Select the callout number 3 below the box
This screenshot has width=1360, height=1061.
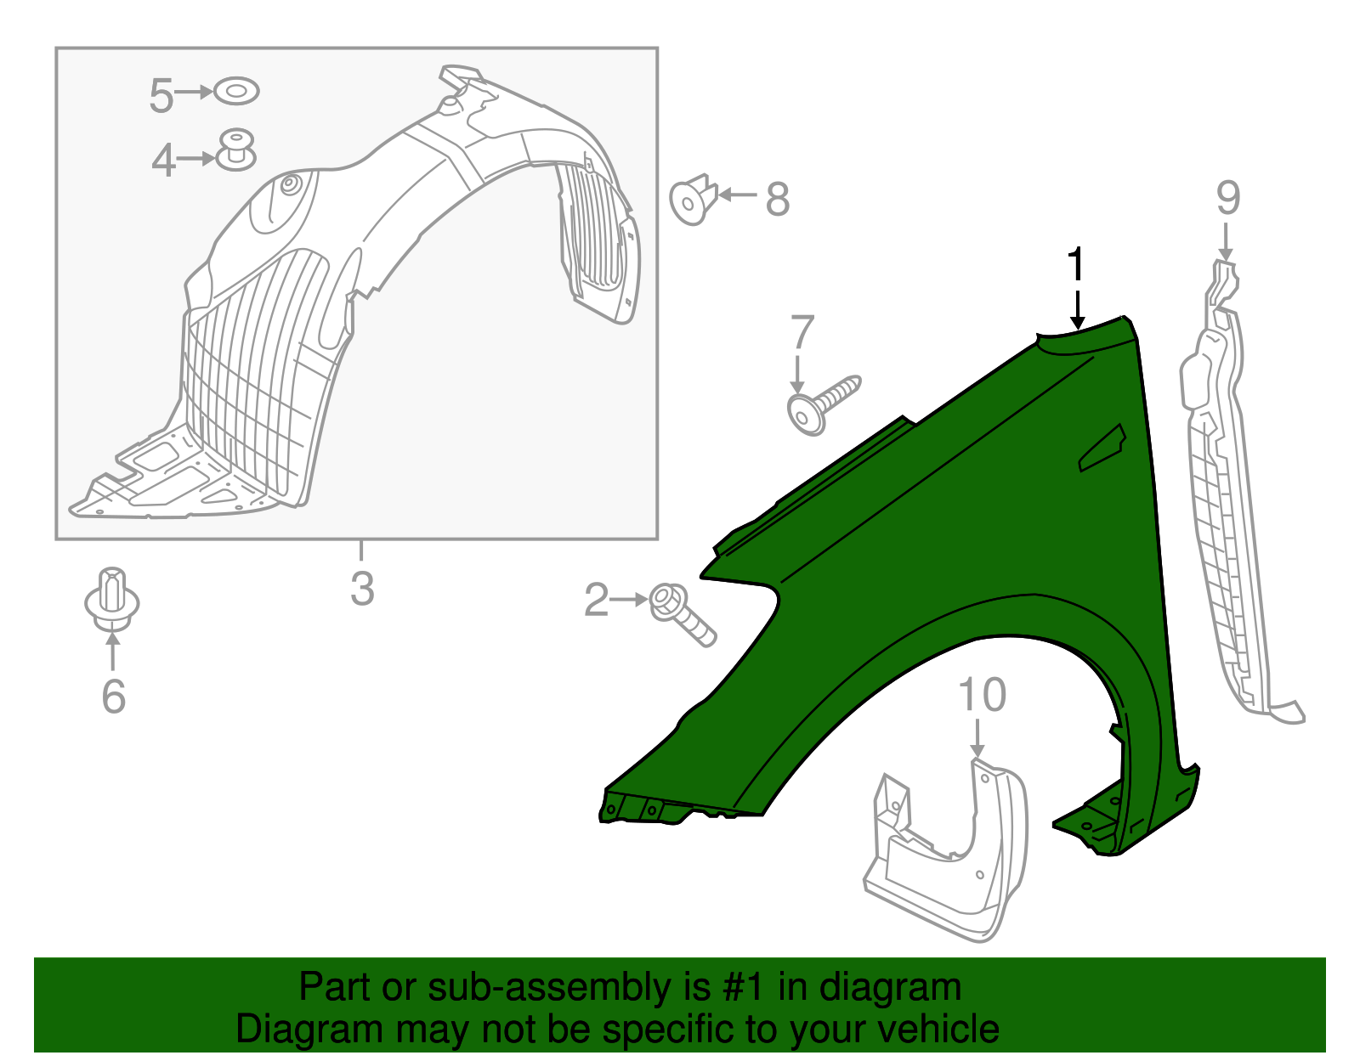point(362,589)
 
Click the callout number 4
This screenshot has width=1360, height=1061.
point(163,160)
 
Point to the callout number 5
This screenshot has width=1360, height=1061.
point(161,95)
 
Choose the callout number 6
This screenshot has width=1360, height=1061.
point(113,697)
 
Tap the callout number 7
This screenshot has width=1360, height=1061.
point(802,333)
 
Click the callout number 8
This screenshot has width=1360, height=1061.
point(777,200)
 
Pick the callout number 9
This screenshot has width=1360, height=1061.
point(1227,198)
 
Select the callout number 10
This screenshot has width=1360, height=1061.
point(982,695)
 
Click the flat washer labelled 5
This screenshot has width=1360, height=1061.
point(236,91)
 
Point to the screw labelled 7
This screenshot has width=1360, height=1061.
point(823,404)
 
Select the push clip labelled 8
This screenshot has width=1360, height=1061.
point(694,200)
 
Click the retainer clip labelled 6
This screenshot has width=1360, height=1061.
point(112,599)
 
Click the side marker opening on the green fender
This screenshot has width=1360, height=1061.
point(1102,449)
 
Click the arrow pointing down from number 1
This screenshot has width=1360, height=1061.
point(1077,311)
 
